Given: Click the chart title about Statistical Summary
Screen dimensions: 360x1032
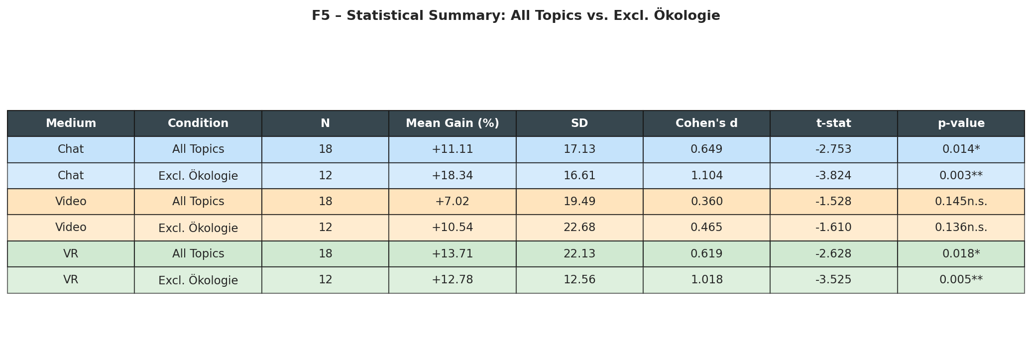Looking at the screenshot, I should (516, 16).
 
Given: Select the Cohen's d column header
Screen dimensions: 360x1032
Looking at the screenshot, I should (706, 123).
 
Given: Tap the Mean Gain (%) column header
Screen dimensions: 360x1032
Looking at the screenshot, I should (452, 123).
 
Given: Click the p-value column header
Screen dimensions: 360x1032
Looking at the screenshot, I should (961, 123).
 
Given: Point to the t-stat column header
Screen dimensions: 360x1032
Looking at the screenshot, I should (833, 123).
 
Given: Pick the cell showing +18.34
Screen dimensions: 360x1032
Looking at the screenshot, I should (452, 176).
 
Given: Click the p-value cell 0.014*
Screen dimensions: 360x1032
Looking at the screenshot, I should (961, 149).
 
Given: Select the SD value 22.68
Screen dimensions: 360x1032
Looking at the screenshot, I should (579, 228).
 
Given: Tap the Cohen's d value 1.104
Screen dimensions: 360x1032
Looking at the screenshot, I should (706, 176).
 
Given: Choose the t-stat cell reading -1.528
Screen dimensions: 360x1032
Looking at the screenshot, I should (833, 202).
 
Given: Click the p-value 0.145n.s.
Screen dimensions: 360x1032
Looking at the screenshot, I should (961, 202).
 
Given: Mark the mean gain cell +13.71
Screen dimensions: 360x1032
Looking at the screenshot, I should (452, 254).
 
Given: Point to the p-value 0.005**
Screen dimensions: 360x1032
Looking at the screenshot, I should (961, 280).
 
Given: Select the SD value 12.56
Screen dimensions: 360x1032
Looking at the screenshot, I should (579, 280).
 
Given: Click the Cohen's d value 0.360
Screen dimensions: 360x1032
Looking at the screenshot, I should (706, 202).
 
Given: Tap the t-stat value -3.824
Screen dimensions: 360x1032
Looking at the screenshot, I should (833, 176).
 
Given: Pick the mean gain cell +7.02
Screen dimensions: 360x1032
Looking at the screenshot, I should (452, 202).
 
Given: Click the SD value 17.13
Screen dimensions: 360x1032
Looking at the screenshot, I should (579, 149).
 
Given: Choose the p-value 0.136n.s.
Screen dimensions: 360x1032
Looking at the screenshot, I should (961, 228).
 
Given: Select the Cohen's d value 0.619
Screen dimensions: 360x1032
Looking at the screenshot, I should (706, 254).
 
